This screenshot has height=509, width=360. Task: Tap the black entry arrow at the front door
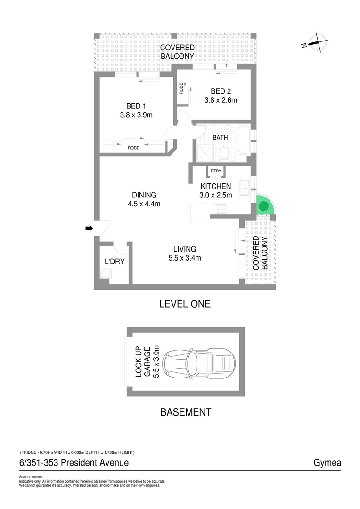(89, 229)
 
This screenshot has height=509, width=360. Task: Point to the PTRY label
(216, 171)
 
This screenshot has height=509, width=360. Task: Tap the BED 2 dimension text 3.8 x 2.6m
(221, 100)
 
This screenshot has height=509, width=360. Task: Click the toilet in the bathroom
(224, 153)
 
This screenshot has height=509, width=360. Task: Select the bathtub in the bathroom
(244, 140)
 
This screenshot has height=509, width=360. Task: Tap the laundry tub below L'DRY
(105, 274)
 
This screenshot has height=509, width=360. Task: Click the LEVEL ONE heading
(185, 304)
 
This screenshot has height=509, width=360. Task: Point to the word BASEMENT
(186, 412)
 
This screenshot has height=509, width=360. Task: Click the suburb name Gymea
(327, 463)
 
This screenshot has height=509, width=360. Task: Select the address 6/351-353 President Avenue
(74, 463)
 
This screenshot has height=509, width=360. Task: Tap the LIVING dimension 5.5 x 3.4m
(184, 258)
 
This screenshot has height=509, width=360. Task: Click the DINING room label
(144, 195)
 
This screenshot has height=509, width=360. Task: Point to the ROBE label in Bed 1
(133, 148)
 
